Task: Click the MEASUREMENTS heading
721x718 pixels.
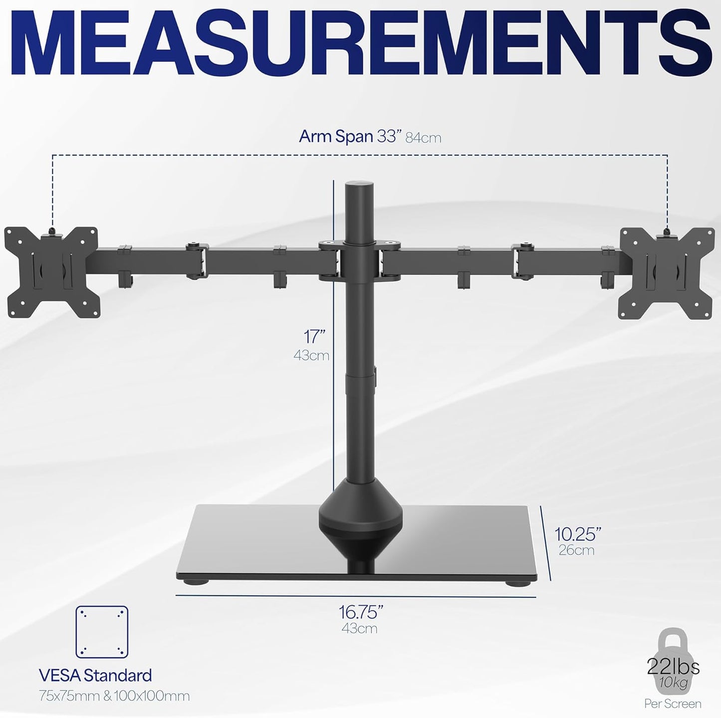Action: coord(360,46)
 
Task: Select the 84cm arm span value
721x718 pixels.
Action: coord(423,138)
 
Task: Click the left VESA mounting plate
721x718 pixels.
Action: coord(51,272)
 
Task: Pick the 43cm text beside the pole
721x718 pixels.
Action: coord(311,356)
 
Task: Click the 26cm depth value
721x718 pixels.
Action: coord(576,550)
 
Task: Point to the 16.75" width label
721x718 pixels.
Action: coord(361,612)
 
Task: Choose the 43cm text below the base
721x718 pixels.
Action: coord(359,628)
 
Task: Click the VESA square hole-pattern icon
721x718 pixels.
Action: coord(102,632)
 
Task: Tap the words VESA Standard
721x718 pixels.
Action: coord(95,676)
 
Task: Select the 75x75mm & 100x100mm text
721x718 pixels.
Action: coord(114,696)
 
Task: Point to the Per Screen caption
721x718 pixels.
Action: coord(673,704)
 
